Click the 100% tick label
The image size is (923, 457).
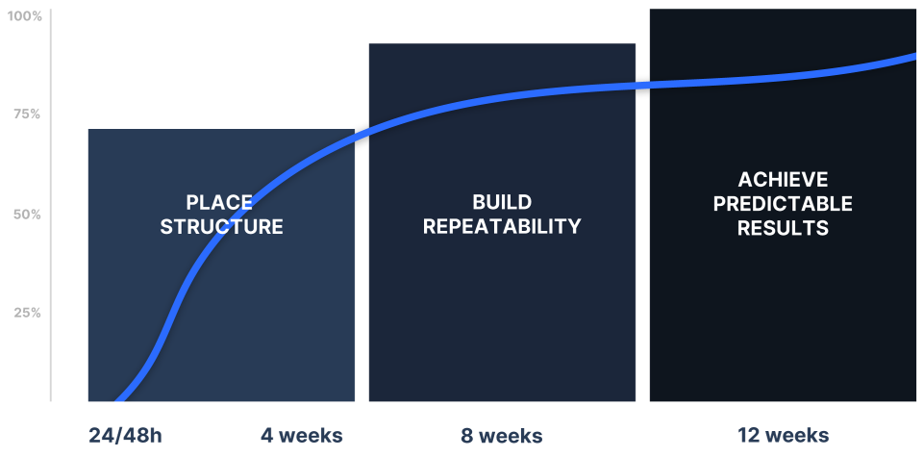click(24, 16)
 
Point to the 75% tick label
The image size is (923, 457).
click(26, 114)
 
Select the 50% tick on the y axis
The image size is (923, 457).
click(26, 214)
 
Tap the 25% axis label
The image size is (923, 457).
click(26, 313)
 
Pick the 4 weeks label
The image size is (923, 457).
click(302, 435)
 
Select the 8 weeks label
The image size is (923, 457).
click(502, 435)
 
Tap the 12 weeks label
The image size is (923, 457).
click(783, 435)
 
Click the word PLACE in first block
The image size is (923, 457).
click(219, 203)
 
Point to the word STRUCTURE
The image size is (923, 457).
click(221, 227)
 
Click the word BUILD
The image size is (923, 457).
click(502, 202)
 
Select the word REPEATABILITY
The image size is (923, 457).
click(502, 227)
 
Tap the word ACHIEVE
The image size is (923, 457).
click(783, 180)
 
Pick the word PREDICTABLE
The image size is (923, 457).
click(783, 204)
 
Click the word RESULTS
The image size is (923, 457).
click(783, 228)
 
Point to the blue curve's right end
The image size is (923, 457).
click(914, 57)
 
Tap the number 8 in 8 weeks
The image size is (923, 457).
click(467, 435)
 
